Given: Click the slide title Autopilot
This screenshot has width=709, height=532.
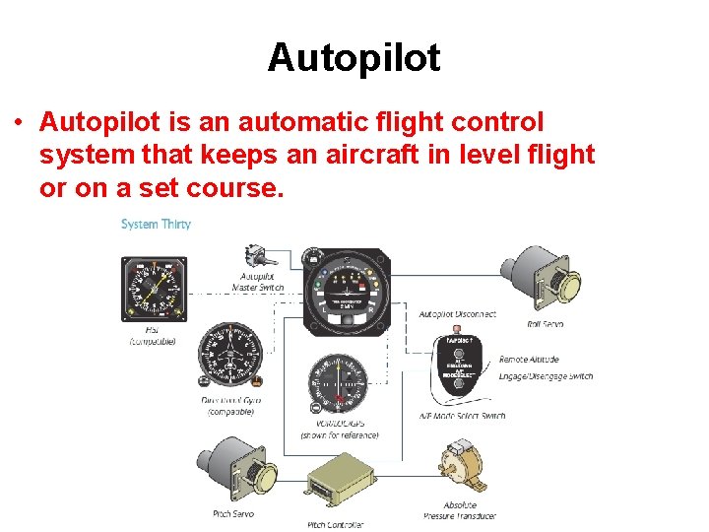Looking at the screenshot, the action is (354, 58).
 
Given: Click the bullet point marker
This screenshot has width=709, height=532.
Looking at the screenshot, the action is (19, 124).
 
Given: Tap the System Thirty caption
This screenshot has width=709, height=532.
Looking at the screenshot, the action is (156, 225).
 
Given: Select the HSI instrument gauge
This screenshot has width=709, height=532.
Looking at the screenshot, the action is (153, 288).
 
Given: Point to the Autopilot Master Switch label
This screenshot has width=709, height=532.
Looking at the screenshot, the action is (258, 282).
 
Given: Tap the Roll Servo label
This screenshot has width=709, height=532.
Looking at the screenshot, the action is (546, 322).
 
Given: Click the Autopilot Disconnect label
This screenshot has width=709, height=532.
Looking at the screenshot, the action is (457, 314).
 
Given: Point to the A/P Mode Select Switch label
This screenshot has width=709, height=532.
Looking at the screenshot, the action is (462, 416).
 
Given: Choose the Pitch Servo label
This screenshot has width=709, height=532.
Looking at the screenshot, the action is (233, 513).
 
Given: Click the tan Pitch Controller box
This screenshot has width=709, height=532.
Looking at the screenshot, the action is (341, 482).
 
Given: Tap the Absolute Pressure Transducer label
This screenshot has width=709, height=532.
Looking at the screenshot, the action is (460, 510).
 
